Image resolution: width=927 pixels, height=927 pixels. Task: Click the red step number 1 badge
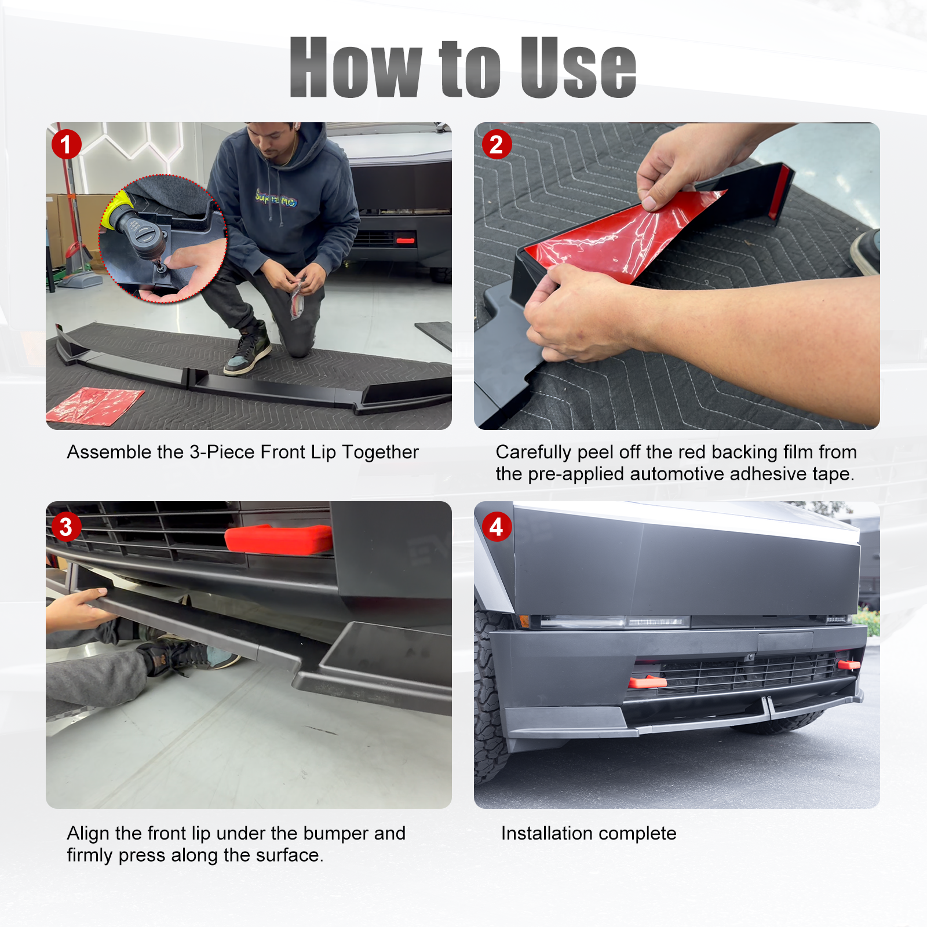tap(66, 144)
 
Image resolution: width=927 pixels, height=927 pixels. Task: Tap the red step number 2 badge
tap(497, 144)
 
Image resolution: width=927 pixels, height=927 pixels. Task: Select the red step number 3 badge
tap(66, 527)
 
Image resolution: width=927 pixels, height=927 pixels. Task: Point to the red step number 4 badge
tap(497, 527)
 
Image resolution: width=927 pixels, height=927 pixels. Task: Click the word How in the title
tap(355, 67)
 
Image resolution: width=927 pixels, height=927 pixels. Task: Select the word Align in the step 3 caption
tap(89, 834)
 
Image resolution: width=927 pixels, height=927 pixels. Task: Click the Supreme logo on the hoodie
tap(276, 199)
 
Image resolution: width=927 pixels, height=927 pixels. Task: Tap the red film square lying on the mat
tap(95, 405)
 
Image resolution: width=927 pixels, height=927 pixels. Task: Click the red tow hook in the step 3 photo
tap(278, 539)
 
